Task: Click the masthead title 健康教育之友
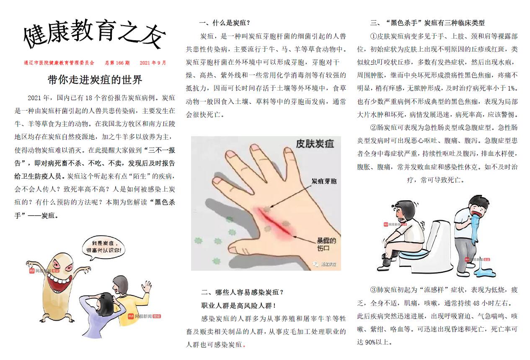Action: (95, 34)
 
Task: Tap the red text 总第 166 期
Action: (117, 63)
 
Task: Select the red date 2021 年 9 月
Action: (153, 63)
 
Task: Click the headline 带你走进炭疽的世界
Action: (95, 80)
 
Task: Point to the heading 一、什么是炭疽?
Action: (225, 23)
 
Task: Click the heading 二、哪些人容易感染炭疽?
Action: (242, 292)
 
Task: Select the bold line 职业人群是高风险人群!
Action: (238, 306)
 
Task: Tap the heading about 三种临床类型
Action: (427, 23)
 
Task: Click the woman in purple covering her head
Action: (102, 312)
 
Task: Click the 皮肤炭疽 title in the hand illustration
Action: (315, 144)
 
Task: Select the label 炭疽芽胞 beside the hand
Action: (324, 181)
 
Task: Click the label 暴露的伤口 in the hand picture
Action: (326, 244)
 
